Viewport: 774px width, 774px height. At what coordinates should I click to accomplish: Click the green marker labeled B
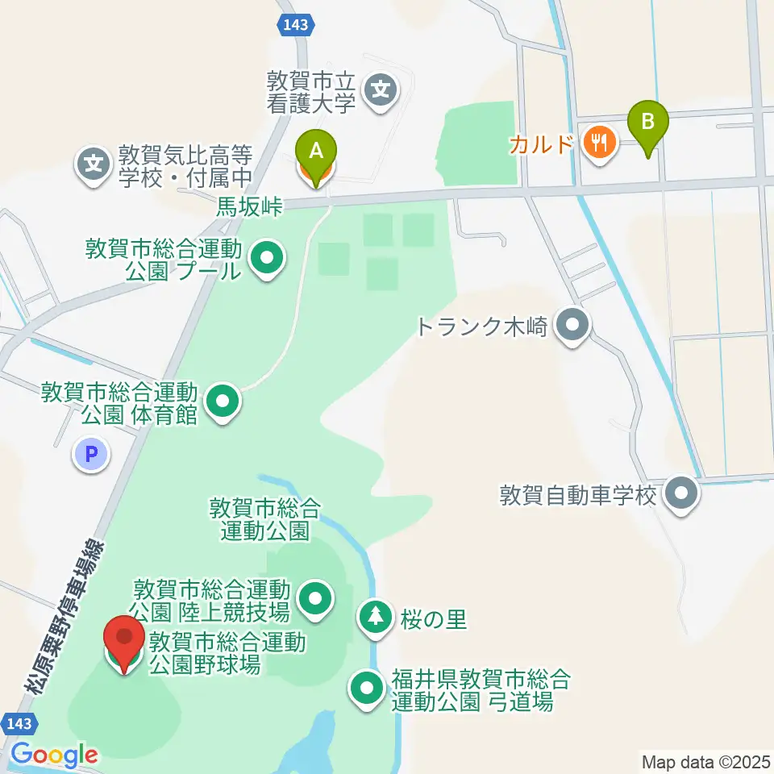[647, 123]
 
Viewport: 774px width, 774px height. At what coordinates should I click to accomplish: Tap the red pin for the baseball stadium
[124, 638]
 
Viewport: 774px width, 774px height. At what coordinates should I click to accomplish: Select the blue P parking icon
[92, 455]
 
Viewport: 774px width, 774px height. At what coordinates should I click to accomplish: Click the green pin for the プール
[268, 259]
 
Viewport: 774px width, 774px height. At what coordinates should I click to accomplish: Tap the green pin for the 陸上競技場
[315, 598]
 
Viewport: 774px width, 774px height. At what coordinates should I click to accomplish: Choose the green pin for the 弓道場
[368, 688]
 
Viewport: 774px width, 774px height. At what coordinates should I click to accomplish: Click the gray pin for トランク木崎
[573, 326]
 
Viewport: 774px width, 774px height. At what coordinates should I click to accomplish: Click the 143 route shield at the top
[295, 25]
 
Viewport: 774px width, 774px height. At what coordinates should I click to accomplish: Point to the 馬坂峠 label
[250, 207]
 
